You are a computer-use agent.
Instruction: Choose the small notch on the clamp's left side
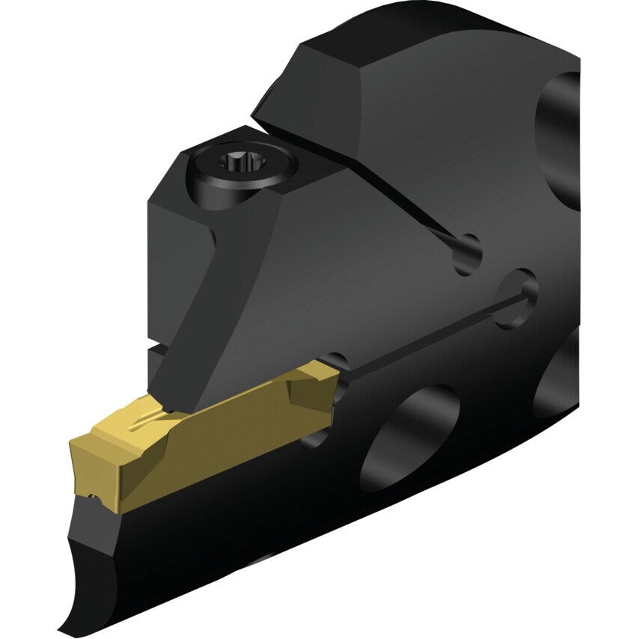pos(153,349)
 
